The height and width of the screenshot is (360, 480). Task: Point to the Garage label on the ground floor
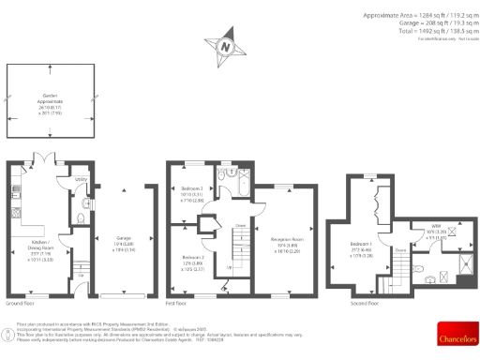123,237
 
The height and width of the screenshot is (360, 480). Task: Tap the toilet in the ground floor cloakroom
84,202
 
